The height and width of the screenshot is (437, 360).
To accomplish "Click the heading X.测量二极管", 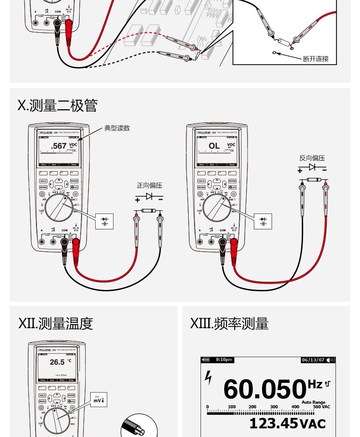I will pyautogui.click(x=57, y=106).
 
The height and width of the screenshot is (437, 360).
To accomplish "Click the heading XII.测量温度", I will pyautogui.click(x=56, y=324).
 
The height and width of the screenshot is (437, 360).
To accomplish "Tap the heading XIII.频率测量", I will pyautogui.click(x=229, y=324).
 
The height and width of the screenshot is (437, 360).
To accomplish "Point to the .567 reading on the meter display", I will pyautogui.click(x=59, y=146).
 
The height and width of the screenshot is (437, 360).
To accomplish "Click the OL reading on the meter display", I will pyautogui.click(x=214, y=146).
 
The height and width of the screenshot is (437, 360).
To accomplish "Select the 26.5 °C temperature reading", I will pyautogui.click(x=57, y=362).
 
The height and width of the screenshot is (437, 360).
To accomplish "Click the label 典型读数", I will pyautogui.click(x=117, y=128).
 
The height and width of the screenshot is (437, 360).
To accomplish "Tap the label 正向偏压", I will pyautogui.click(x=149, y=185).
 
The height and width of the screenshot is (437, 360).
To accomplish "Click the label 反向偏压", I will pyautogui.click(x=312, y=158).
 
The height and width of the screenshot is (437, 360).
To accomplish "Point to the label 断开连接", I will pyautogui.click(x=315, y=59).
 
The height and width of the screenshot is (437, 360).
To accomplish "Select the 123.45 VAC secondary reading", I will pyautogui.click(x=287, y=424).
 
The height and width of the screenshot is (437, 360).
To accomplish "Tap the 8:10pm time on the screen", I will pyautogui.click(x=224, y=360).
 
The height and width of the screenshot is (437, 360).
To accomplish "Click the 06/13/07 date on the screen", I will pyautogui.click(x=313, y=360).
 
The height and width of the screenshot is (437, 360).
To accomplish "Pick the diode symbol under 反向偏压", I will pyautogui.click(x=312, y=168).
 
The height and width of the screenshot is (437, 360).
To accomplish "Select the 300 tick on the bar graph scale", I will pyautogui.click(x=274, y=407).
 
